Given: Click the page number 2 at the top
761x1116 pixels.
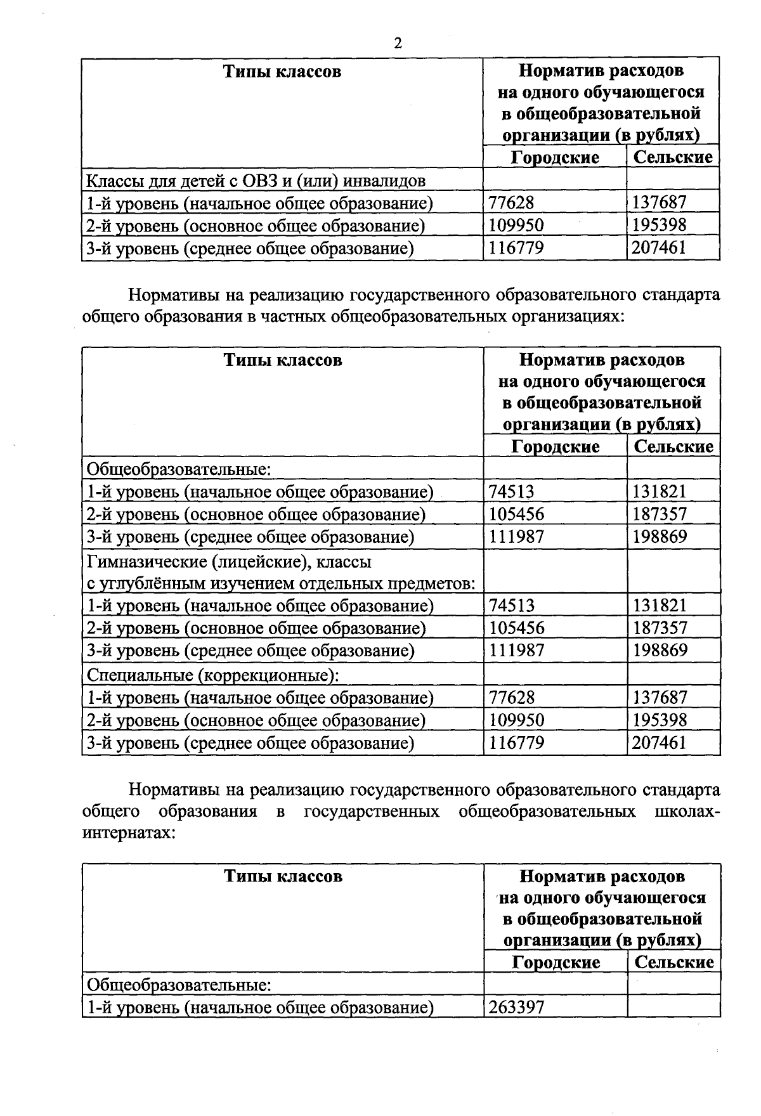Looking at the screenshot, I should pyautogui.click(x=398, y=43).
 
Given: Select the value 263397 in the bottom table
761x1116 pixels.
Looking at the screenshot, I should pyautogui.click(x=516, y=1007).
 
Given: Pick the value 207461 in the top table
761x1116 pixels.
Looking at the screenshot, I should pyautogui.click(x=659, y=247).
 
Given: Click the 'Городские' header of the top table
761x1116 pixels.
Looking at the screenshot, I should pyautogui.click(x=555, y=157).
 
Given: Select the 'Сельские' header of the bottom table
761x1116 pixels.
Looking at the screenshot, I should pyautogui.click(x=673, y=962).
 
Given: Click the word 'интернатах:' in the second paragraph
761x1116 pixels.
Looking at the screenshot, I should pyautogui.click(x=129, y=833).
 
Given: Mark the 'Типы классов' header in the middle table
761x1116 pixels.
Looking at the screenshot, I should pyautogui.click(x=283, y=360).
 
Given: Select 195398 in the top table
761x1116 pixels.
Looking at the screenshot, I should pyautogui.click(x=660, y=225).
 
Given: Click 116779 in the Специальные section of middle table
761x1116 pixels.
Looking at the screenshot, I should pyautogui.click(x=516, y=743).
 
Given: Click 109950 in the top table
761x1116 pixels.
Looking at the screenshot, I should pyautogui.click(x=516, y=225).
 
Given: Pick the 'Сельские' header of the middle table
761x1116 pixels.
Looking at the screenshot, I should pyautogui.click(x=673, y=446).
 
